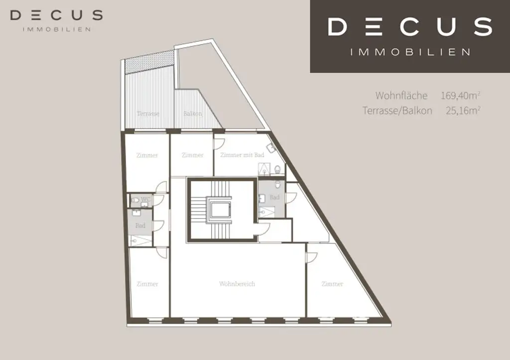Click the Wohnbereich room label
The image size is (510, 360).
(237, 284)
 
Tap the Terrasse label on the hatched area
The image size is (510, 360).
(148, 114)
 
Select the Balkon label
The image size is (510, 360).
(193, 114)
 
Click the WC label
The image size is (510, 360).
(146, 200)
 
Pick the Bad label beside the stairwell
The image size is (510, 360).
(274, 197)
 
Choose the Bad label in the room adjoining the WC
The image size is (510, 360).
(140, 226)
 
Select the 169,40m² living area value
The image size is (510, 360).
(460, 95)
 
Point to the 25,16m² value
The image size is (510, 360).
(463, 111)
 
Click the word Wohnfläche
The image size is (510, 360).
(401, 95)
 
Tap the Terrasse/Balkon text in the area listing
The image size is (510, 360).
(397, 111)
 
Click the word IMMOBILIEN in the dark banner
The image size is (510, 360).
(410, 52)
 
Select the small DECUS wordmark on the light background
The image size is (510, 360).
(56, 15)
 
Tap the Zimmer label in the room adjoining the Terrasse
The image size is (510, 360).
(147, 155)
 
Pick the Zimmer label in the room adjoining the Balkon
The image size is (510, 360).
(192, 155)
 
